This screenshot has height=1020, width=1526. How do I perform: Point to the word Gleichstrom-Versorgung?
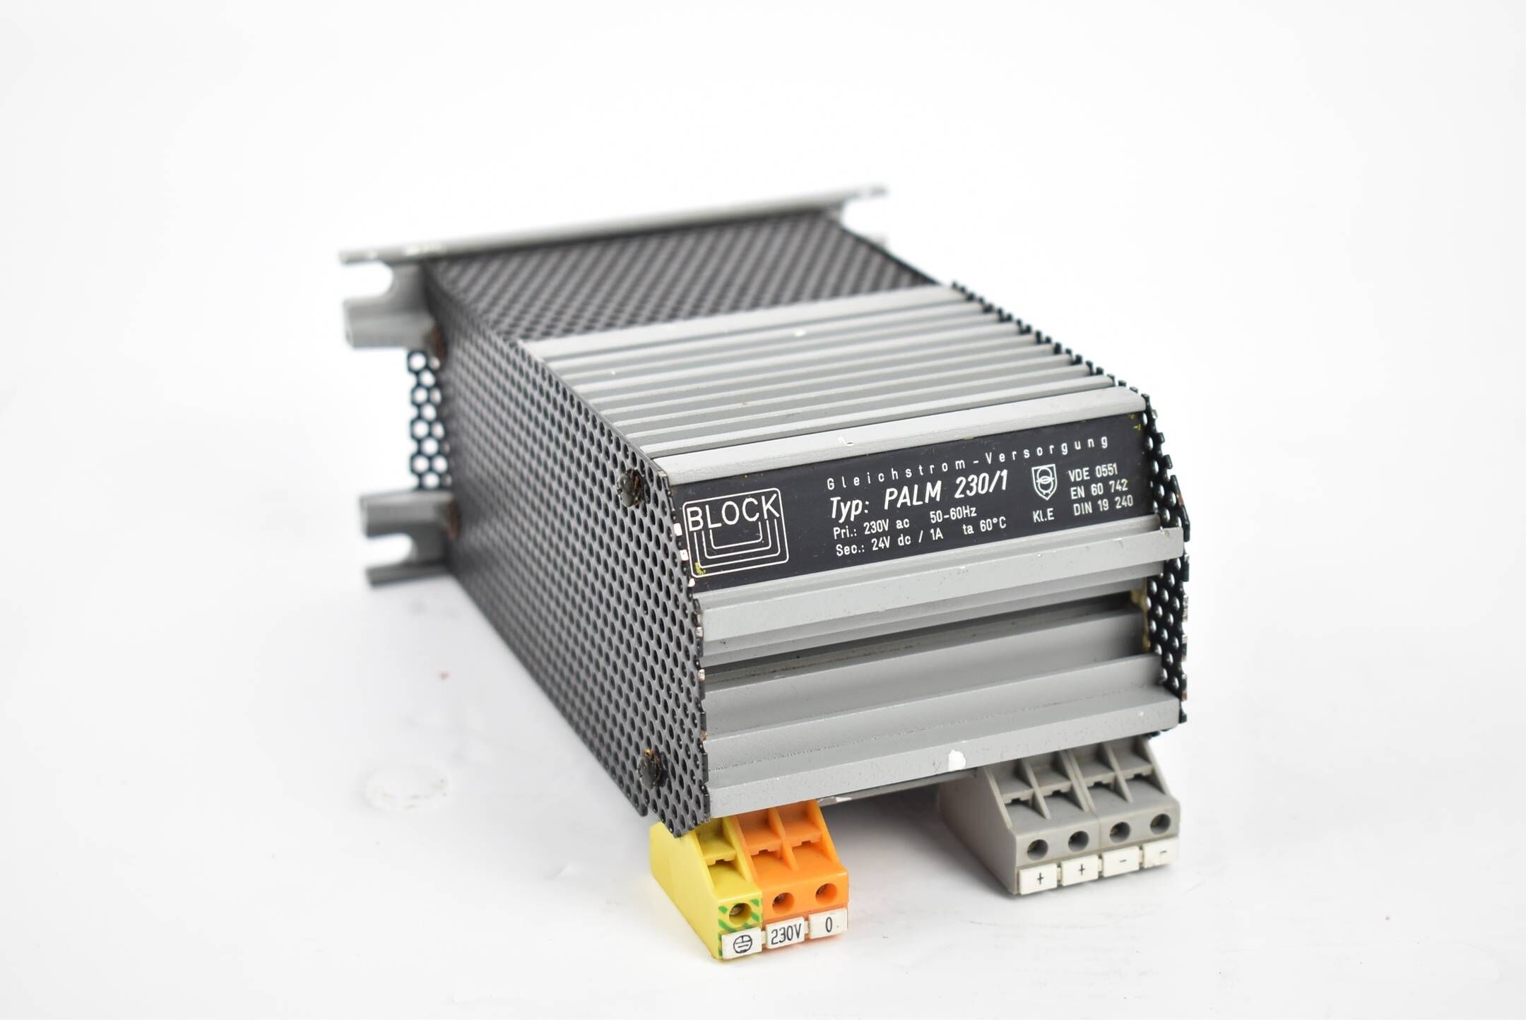tap(966, 461)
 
